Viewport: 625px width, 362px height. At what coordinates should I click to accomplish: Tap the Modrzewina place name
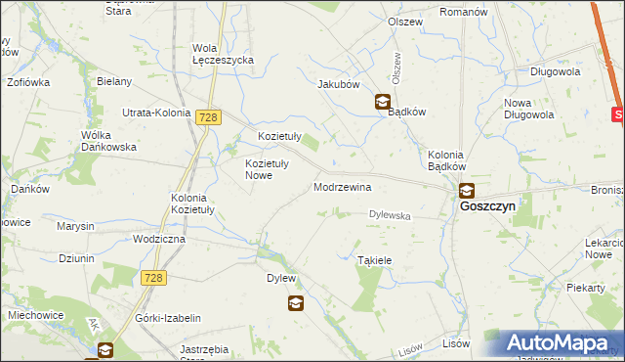(x=342, y=186)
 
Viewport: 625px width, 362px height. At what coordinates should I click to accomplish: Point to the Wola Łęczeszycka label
(x=223, y=54)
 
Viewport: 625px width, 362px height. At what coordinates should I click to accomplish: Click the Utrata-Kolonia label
(x=155, y=113)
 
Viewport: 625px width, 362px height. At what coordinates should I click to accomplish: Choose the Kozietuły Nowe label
(x=251, y=169)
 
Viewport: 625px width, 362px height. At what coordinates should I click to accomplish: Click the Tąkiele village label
(x=375, y=260)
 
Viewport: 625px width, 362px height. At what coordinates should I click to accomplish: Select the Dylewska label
(x=390, y=215)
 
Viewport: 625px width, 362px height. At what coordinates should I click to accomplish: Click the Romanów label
(x=463, y=12)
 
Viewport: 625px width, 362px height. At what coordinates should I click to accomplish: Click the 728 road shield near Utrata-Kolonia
(x=206, y=117)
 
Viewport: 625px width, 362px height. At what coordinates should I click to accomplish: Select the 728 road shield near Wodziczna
(x=153, y=279)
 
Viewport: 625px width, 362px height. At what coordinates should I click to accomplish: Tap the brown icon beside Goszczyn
(x=468, y=191)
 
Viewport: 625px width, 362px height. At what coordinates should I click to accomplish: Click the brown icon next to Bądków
(x=383, y=101)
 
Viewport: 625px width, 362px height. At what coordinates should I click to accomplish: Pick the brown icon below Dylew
(x=295, y=304)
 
